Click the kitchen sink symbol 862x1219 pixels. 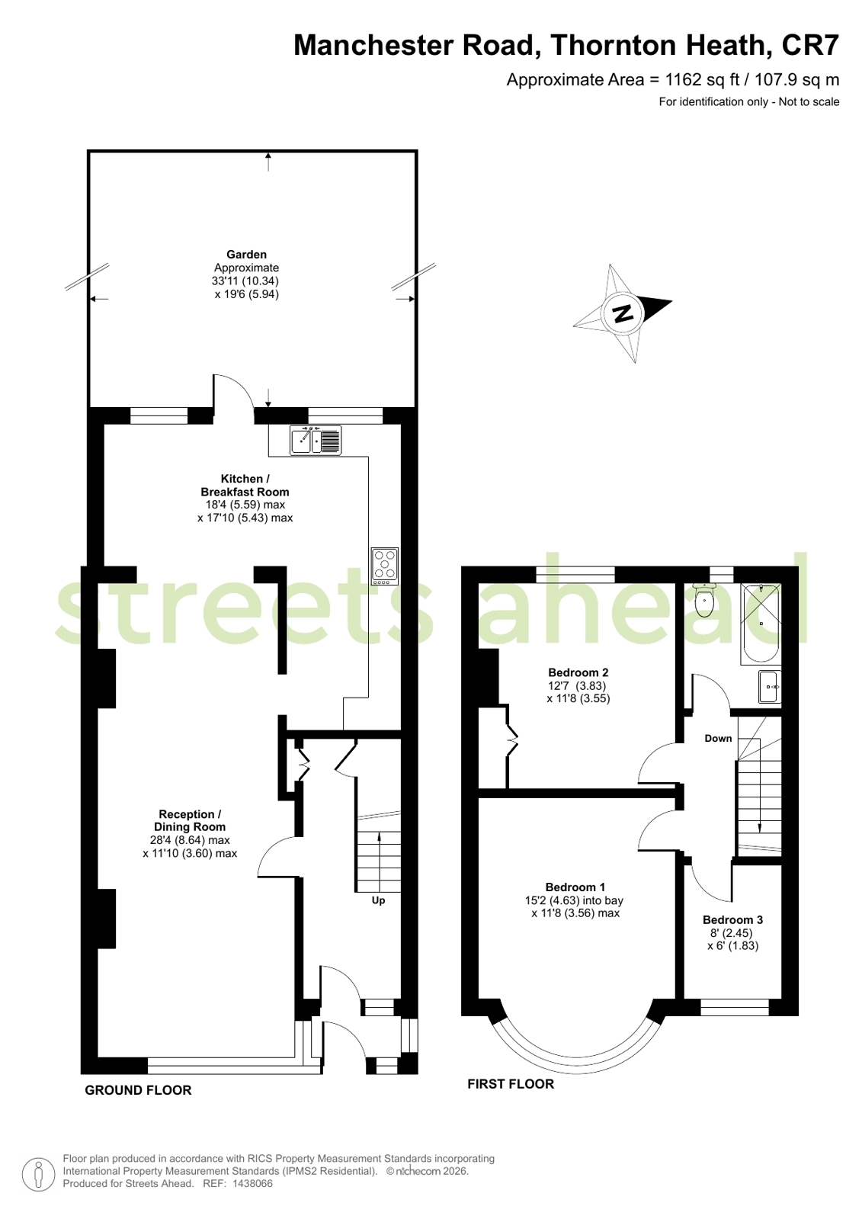point(316,440)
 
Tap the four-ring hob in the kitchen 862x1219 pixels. point(384,566)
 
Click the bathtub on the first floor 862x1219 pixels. point(760,624)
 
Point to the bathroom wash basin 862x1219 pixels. point(770,687)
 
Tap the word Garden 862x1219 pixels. point(246,254)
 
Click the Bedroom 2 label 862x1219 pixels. point(578,672)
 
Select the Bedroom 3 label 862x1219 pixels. point(732,919)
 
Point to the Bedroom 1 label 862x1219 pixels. point(575,887)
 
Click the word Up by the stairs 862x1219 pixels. point(378,900)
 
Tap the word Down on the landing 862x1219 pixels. point(718,739)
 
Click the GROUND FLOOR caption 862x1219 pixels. point(138,1090)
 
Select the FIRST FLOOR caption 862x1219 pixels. point(511,1084)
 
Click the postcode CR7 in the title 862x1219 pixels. point(810,45)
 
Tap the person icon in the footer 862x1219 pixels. point(38,1175)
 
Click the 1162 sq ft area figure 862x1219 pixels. point(703,80)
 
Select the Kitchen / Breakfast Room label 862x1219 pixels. point(245,486)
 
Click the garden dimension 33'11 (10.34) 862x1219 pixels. point(245,281)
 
